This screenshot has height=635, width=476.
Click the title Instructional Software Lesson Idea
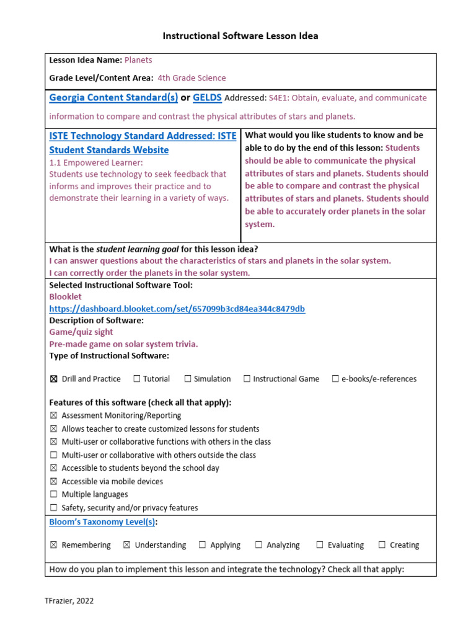240,36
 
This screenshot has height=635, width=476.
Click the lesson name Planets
138,60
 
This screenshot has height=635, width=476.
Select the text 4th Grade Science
192,78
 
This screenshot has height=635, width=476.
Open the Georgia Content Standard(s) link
113,97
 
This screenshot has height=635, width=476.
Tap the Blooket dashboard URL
177,309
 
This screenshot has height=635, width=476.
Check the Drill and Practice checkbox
53,379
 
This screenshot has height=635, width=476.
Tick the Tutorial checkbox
137,379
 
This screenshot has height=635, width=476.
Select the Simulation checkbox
188,379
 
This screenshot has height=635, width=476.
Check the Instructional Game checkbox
247,379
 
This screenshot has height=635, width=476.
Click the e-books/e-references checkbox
335,379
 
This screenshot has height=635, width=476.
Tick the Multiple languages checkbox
53,495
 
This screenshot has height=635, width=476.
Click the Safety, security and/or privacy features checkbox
53,508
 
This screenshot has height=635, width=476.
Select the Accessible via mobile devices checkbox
53,482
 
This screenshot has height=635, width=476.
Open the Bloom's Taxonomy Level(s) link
102,522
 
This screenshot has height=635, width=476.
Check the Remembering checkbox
53,545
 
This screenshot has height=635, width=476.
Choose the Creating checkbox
382,545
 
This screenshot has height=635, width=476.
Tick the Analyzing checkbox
258,545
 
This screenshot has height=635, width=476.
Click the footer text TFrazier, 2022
69,601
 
